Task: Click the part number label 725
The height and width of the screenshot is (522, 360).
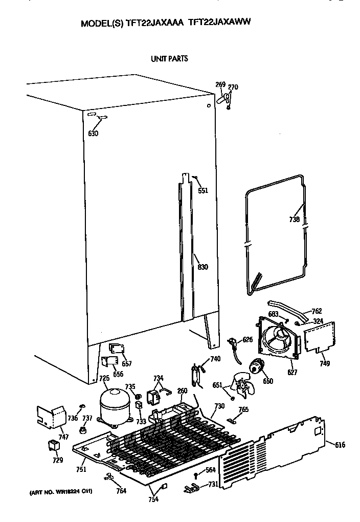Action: tap(104, 379)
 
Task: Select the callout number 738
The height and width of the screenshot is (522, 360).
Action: tap(295, 220)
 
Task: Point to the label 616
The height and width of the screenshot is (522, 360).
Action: tap(340, 445)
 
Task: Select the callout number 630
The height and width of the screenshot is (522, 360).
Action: tap(93, 134)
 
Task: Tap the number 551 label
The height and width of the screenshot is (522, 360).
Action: tap(203, 190)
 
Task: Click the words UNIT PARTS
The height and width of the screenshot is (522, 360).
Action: tap(169, 58)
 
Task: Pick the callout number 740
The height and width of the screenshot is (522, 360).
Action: tap(215, 359)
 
